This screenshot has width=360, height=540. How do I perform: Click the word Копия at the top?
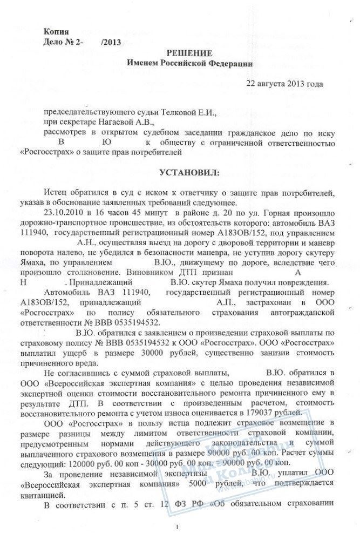coord(57,32)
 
